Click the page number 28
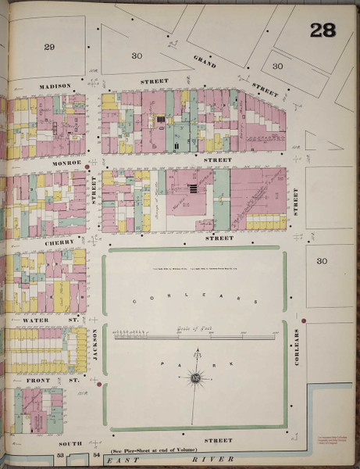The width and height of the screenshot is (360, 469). click(x=323, y=30)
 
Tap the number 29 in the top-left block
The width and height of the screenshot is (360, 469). click(x=49, y=48)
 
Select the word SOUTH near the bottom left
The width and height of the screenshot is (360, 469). click(x=69, y=442)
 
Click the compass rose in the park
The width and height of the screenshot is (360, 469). click(x=194, y=381)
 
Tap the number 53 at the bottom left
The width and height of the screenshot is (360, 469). click(x=59, y=454)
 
